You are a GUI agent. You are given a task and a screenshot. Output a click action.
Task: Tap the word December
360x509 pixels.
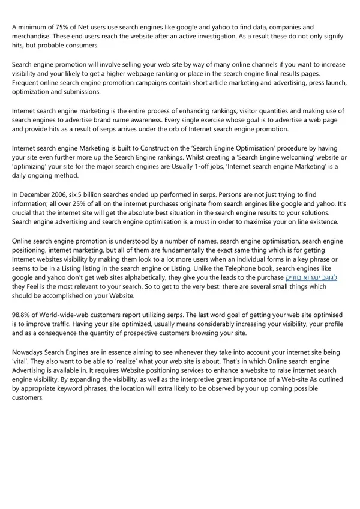39,194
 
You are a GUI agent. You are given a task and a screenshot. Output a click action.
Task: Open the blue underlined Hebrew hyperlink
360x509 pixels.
311,277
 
